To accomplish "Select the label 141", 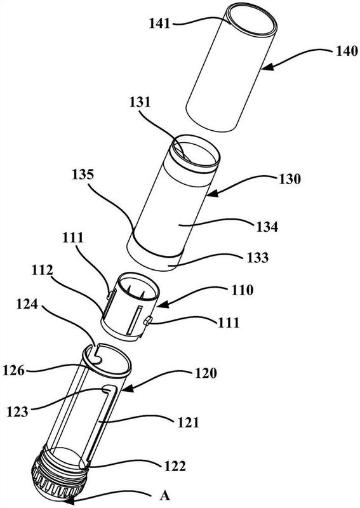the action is click(159, 23).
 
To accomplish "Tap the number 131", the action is click(140, 102).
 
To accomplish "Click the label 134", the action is click(267, 227).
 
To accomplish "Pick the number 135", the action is click(83, 175).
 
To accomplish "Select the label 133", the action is click(258, 258).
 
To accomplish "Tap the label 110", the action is click(242, 290).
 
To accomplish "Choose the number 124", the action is click(27, 304).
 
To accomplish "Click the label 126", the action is click(14, 370).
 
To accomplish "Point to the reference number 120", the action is click(206, 373).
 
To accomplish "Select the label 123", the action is click(18, 411).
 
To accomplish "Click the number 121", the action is click(188, 423).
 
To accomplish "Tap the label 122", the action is click(175, 466).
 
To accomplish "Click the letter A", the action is click(165, 496).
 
